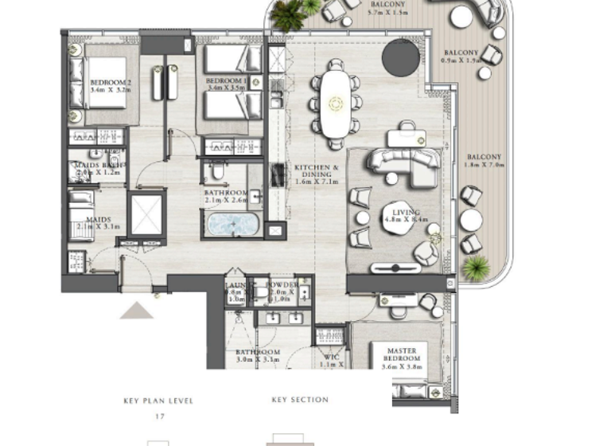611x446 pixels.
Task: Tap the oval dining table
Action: pyautogui.click(x=335, y=103)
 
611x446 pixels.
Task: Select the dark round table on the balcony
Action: pyautogui.click(x=401, y=57)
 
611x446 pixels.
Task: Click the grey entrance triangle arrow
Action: pyautogui.click(x=136, y=310)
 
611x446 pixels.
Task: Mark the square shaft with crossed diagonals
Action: pyautogui.click(x=146, y=214)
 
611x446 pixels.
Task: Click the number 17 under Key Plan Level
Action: pyautogui.click(x=158, y=416)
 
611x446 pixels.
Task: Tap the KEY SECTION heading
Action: pyautogui.click(x=300, y=400)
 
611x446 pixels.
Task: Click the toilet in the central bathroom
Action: pyautogui.click(x=216, y=171)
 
